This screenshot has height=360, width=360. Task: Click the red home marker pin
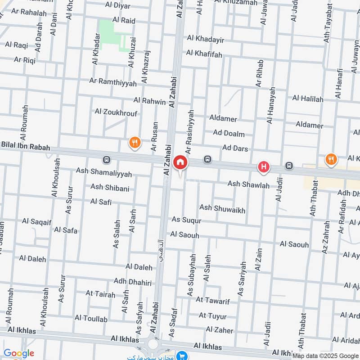[180, 163]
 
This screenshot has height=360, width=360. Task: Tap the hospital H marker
[263, 168]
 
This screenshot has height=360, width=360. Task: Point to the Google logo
[19, 353]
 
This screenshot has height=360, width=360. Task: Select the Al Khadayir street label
[206, 39]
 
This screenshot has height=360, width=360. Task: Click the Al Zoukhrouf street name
[116, 112]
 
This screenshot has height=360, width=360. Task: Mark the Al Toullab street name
[91, 319]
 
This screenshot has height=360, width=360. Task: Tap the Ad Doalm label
[229, 134]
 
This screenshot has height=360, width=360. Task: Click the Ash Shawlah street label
[248, 184]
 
